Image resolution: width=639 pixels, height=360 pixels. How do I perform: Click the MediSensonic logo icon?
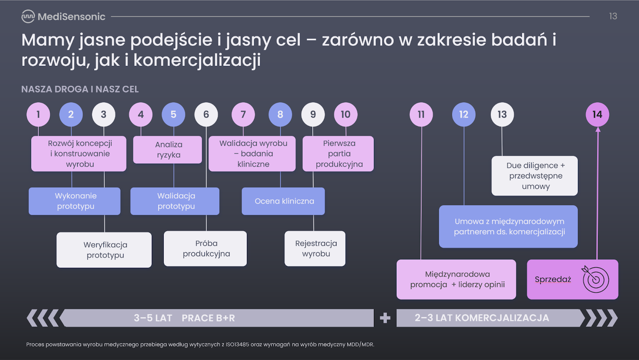[28, 16]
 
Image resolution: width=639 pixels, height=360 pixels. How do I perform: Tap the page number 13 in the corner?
[613, 16]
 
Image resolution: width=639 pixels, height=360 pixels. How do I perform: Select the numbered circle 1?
[38, 114]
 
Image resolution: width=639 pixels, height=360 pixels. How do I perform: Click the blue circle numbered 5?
[173, 114]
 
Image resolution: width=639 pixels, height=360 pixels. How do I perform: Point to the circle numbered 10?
[346, 114]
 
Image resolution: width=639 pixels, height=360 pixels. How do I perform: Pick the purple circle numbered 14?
[597, 114]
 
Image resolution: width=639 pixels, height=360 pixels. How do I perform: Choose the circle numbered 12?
[464, 114]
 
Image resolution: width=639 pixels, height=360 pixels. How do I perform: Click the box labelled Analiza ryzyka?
[167, 150]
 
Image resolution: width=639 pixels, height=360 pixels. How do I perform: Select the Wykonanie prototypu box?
[74, 201]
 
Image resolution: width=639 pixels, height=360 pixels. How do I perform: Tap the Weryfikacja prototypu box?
[104, 250]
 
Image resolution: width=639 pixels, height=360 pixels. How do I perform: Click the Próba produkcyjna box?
[205, 249]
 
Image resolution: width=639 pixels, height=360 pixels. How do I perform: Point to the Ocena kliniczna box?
[283, 201]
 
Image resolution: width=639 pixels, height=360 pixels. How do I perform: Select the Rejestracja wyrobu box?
[315, 249]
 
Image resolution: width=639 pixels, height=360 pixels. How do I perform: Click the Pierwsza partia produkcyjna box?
[338, 154]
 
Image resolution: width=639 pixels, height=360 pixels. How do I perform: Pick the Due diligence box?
[535, 176]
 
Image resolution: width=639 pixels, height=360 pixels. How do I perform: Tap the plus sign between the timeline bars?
[385, 318]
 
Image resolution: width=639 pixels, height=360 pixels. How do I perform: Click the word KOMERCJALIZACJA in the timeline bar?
[502, 318]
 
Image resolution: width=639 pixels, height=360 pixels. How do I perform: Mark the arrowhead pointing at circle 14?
[598, 130]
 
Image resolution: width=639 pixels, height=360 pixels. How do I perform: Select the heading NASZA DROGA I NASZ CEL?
[80, 89]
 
